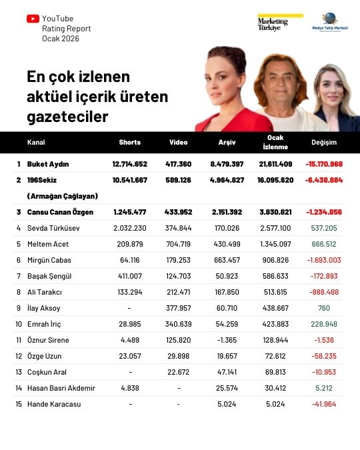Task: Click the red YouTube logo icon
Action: point(32,19)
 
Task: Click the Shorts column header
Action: point(129,143)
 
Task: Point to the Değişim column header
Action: point(324,143)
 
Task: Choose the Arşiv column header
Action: point(227,143)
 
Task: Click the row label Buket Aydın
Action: point(48,164)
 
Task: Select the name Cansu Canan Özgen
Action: point(59,212)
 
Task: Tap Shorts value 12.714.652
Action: point(129,164)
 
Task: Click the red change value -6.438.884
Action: point(324,180)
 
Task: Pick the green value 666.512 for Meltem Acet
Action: point(324,244)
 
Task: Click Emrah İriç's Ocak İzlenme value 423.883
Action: point(275,324)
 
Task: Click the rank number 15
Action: point(19,404)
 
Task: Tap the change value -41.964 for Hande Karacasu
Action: point(324,404)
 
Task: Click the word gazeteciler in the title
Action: point(67,117)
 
